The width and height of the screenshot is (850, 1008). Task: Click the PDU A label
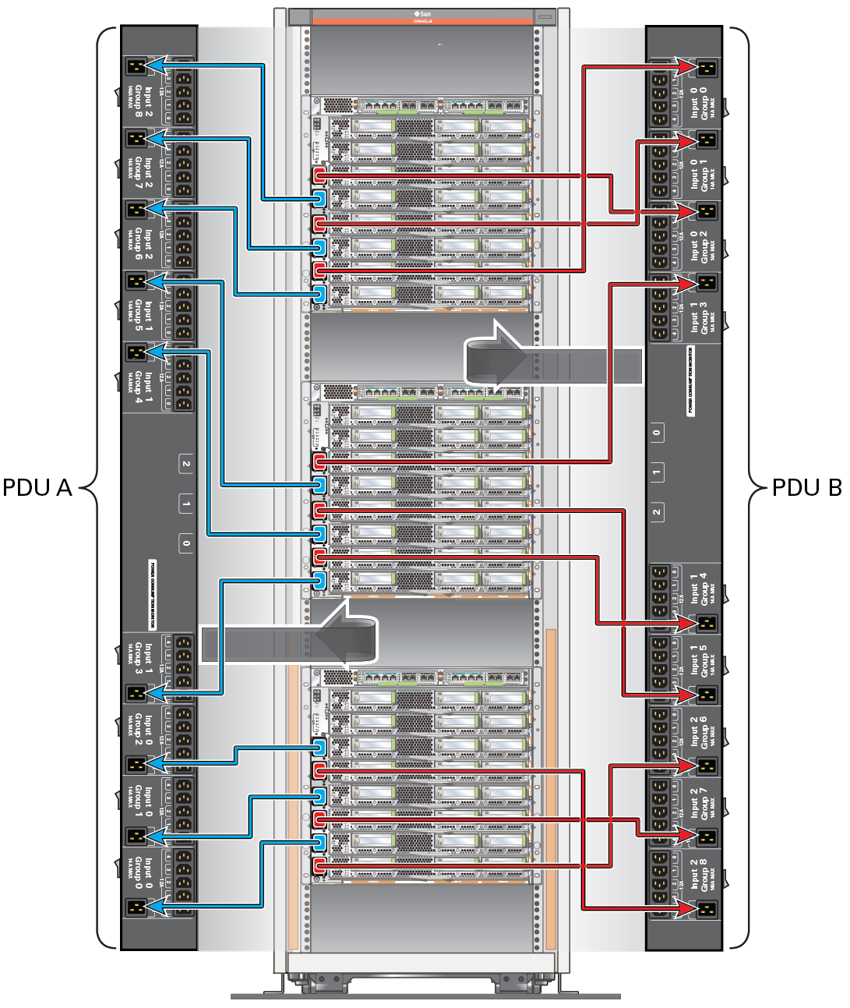[x=37, y=487]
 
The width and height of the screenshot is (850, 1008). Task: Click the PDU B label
[x=806, y=487]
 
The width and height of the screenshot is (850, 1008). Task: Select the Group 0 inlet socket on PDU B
[x=707, y=69]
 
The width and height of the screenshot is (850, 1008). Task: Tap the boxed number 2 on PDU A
[x=186, y=464]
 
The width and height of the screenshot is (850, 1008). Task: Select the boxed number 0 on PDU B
[x=657, y=433]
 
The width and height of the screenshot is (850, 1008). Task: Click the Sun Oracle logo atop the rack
[x=422, y=16]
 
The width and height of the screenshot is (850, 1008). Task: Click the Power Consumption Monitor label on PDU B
[x=690, y=380]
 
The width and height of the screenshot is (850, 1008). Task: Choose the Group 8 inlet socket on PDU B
[x=707, y=907]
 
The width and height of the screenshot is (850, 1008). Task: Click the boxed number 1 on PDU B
[x=657, y=472]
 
